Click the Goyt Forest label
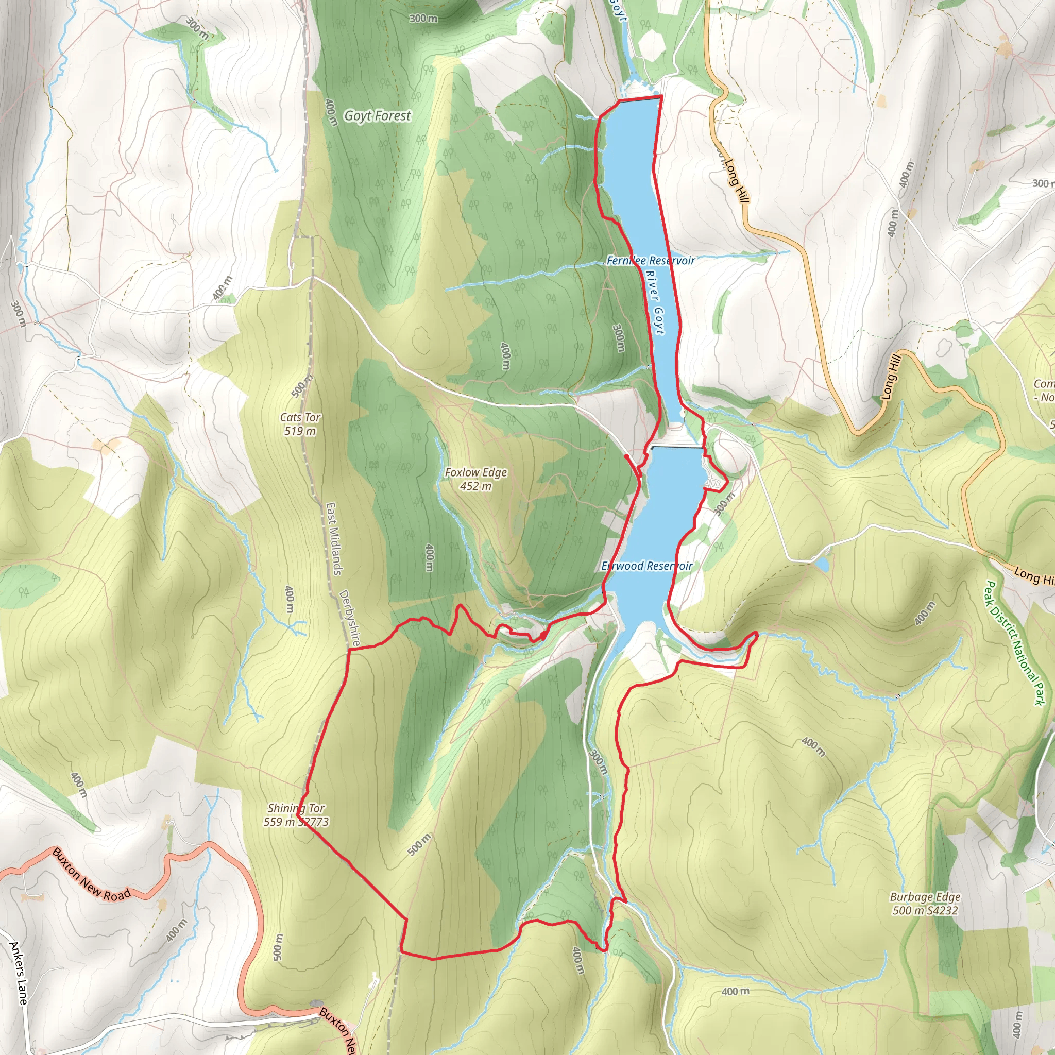377,116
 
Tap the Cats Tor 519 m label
300,424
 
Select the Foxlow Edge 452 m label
475,479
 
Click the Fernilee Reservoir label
651,261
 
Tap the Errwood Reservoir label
646,566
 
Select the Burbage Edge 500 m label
925,903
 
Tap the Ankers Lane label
19,973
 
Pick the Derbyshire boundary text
349,618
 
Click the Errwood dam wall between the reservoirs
676,447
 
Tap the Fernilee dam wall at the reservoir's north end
640,99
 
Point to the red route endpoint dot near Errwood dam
626,456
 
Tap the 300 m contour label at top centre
423,18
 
